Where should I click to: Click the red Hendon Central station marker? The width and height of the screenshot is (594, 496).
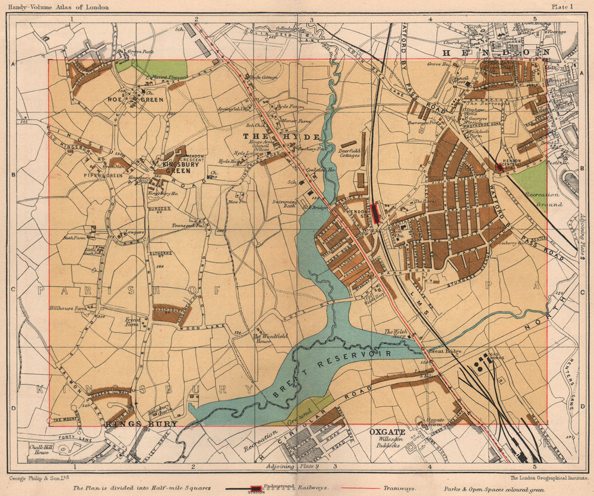[500, 167]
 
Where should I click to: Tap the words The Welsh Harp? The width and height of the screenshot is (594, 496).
[397, 335]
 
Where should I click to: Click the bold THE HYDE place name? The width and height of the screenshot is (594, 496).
[282, 136]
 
